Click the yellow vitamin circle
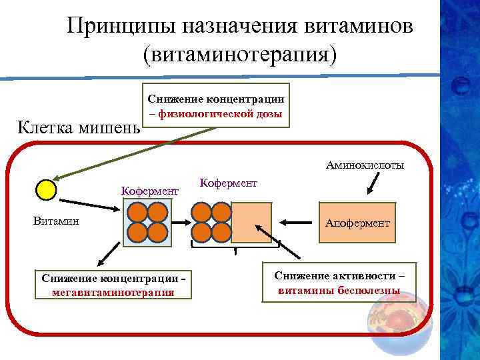[45, 190]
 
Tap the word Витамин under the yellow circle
[56, 221]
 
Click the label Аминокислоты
[365, 165]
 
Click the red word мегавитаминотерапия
[113, 291]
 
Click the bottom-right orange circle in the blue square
[157, 232]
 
